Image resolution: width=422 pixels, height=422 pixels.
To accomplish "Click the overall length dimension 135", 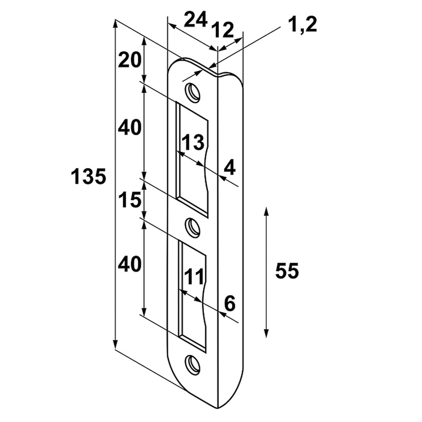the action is tap(89, 177).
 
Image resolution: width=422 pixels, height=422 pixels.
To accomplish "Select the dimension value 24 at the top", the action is tap(196, 20).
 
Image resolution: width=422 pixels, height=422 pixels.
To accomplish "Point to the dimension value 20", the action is tap(130, 60).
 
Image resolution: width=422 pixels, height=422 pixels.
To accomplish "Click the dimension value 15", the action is tap(130, 200).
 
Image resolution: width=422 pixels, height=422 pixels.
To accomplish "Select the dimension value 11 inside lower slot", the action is tap(194, 277).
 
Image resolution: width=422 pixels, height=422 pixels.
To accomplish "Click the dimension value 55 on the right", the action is tap(287, 271).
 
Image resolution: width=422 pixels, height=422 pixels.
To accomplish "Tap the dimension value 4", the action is tap(229, 167).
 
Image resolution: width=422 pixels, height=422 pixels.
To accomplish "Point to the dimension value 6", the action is tap(229, 303).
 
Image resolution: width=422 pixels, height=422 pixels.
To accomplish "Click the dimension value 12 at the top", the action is tap(222, 30).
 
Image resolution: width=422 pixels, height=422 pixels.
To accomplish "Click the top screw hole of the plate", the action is tap(193, 92).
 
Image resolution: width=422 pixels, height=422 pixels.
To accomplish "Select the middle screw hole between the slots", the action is tap(193, 228).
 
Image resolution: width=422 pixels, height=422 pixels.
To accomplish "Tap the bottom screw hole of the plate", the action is tap(193, 364).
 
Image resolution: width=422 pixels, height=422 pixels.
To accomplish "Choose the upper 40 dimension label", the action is tap(130, 127).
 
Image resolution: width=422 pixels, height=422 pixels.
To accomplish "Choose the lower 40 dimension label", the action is tap(130, 264).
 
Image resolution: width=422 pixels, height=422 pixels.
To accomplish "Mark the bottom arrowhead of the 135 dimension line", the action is tap(115, 345).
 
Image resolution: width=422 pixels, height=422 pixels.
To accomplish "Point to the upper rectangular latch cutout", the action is tap(192, 159).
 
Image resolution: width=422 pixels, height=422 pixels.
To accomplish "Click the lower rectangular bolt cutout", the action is tap(192, 296).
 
